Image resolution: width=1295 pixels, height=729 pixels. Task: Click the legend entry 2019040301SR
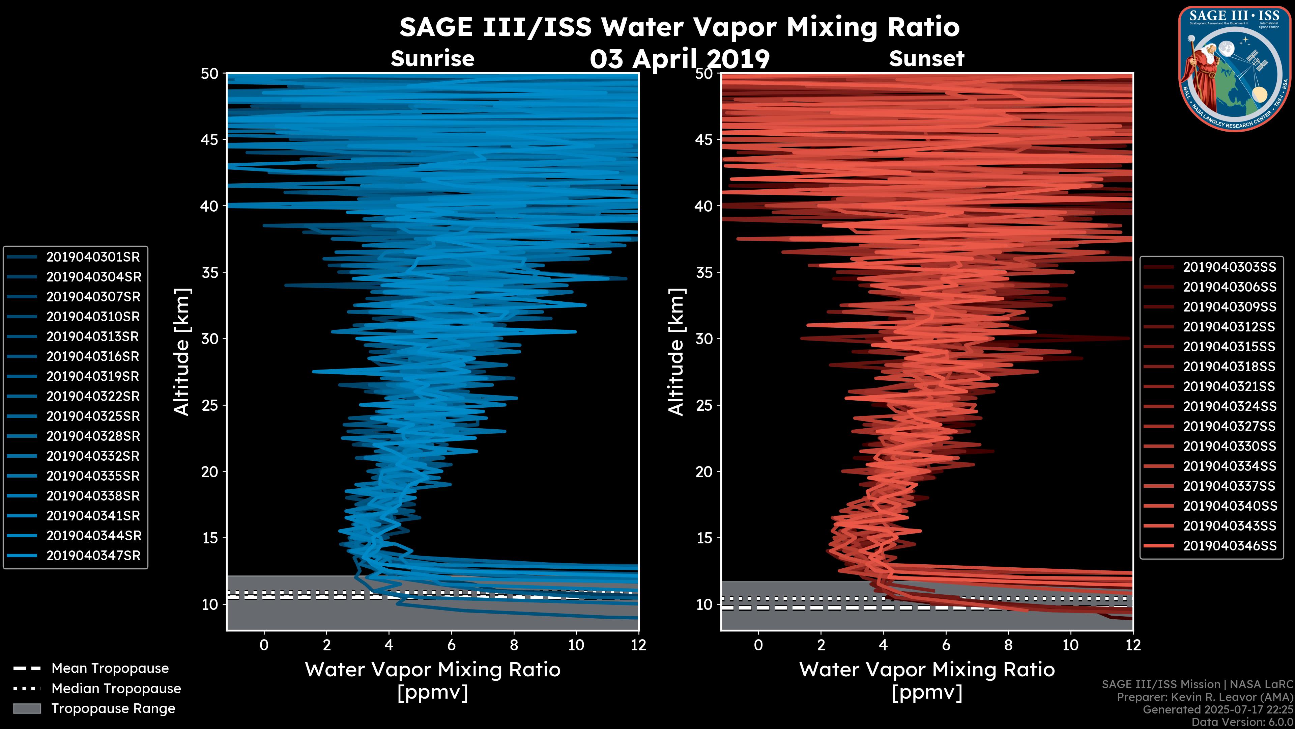[93, 257]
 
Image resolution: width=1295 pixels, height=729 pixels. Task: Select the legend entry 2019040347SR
[93, 556]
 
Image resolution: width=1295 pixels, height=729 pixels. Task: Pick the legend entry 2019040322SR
[93, 397]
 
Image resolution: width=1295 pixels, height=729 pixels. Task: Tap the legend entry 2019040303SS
[1229, 267]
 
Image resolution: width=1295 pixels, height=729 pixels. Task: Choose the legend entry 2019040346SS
[1229, 546]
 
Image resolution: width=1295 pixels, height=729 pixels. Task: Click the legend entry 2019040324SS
[1229, 406]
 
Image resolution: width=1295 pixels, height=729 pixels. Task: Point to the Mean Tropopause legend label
[110, 669]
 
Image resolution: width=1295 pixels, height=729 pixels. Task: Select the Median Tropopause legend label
[116, 689]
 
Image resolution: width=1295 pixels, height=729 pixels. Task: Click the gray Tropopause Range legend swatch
[27, 709]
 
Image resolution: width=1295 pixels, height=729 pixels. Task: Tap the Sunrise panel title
[432, 59]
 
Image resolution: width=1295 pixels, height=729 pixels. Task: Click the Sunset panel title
[926, 59]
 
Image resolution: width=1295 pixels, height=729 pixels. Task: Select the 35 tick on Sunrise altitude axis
[210, 273]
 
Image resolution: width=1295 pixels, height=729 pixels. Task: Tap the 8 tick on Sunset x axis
[1008, 645]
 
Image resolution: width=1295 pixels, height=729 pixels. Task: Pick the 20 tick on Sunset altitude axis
[704, 472]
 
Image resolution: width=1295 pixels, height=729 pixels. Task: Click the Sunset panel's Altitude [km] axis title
[677, 352]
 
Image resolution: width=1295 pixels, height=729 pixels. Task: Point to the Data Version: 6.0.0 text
[1243, 722]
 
